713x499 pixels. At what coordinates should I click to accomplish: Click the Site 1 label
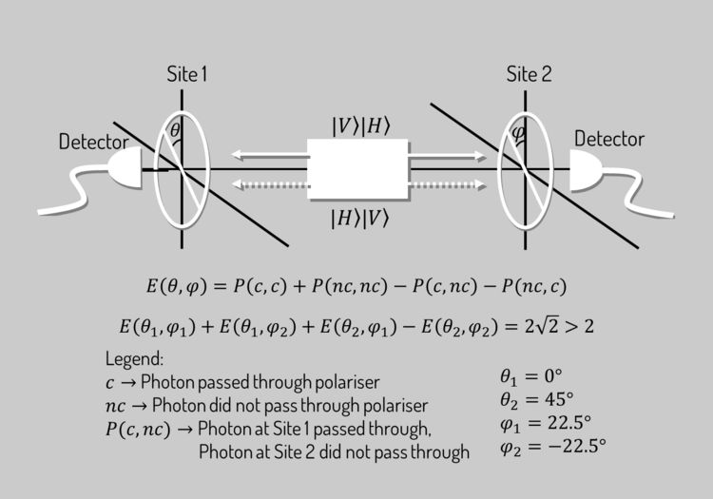[187, 74]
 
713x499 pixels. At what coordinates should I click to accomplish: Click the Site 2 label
[529, 74]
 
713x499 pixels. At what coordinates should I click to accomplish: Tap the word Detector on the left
[94, 142]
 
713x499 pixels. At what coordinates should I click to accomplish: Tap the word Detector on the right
[609, 139]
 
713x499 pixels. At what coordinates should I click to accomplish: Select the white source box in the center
[357, 169]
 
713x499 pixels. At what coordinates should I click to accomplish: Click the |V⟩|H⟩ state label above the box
[361, 125]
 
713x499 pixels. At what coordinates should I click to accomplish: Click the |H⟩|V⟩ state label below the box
[359, 219]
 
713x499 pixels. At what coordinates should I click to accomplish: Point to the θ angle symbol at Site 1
[175, 130]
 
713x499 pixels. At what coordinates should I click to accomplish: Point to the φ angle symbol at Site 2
[518, 133]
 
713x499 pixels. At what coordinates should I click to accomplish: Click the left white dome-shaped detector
[125, 168]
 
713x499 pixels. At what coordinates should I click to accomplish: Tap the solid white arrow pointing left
[270, 155]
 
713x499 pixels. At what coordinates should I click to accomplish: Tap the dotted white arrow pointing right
[448, 185]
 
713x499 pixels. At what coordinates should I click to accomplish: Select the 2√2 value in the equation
[541, 326]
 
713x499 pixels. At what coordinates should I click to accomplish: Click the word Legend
[134, 359]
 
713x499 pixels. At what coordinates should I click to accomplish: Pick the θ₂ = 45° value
[536, 399]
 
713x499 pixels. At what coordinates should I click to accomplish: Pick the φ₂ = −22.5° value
[553, 447]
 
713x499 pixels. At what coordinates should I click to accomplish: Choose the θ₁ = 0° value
[531, 375]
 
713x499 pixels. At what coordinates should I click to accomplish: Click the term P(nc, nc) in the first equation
[350, 286]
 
